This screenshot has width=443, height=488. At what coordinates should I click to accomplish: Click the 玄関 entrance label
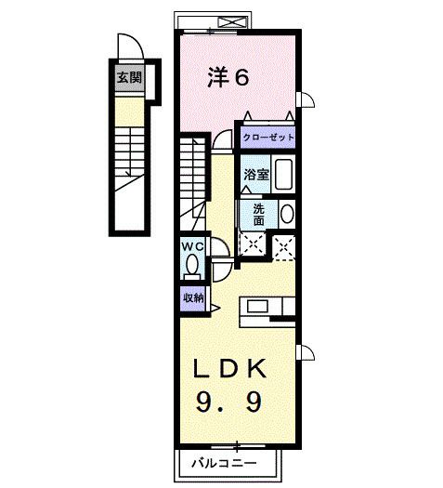coord(129,77)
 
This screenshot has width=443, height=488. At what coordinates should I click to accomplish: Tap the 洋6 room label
coord(228,77)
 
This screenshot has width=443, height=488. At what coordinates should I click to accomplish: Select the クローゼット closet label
coord(268,138)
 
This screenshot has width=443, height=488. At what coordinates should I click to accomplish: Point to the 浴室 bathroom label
coord(256,175)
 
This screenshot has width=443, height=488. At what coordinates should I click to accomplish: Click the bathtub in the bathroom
coord(283,175)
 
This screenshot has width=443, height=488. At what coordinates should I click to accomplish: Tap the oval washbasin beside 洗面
coord(287,214)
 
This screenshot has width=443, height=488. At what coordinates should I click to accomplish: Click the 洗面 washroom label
coord(259,215)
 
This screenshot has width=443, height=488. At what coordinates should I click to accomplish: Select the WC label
coord(193,247)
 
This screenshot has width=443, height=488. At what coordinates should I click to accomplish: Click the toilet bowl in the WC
coord(192,265)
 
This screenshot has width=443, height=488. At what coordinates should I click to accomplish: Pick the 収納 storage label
coord(193,298)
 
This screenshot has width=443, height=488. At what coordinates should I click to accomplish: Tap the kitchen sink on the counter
coord(257,306)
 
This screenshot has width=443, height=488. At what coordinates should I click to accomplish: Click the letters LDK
coord(230,368)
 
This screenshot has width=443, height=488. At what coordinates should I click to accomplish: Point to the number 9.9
coord(228,402)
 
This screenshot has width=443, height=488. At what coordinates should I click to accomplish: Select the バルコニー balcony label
coord(224,464)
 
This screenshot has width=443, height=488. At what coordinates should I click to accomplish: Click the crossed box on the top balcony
coord(232,22)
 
